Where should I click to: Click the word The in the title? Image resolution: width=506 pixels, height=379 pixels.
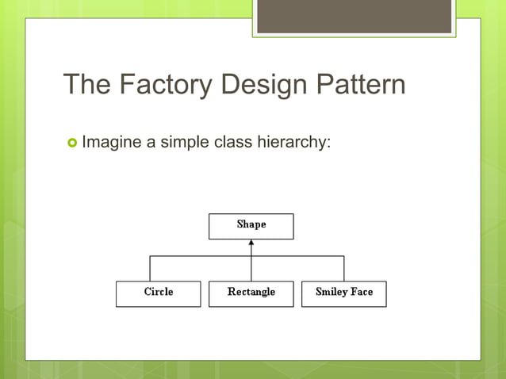pos(86,84)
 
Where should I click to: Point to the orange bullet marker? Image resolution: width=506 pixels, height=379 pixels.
pos(72,143)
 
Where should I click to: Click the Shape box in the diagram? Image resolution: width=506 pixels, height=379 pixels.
pos(251,226)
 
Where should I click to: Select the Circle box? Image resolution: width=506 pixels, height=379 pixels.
pos(158,293)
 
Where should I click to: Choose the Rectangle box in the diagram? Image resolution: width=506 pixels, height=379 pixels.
pos(251,293)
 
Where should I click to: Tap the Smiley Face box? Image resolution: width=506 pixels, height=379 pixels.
pos(343,293)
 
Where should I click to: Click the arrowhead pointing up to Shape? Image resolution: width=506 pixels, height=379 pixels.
pos(251,243)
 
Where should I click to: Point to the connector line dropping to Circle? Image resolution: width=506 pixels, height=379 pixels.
pos(151,269)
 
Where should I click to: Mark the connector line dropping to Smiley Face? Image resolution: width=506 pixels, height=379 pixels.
pos(343,269)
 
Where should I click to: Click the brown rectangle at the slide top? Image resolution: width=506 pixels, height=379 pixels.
pos(354,17)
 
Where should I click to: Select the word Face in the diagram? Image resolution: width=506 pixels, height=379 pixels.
pos(362,292)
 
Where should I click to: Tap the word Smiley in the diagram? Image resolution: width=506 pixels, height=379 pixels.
pos(332,292)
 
